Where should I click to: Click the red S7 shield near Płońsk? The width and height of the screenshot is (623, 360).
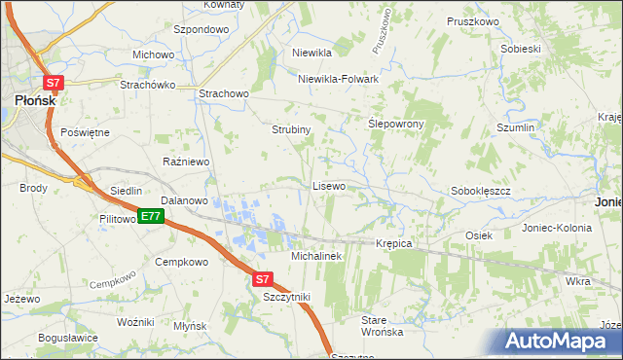click(54, 85)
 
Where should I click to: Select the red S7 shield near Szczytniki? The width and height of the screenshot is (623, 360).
click(263, 279)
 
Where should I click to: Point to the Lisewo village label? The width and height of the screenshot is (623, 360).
click(329, 185)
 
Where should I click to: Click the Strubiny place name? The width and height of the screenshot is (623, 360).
click(291, 129)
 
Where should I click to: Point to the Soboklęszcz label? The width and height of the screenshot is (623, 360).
click(481, 192)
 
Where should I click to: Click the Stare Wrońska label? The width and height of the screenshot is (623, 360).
click(382, 326)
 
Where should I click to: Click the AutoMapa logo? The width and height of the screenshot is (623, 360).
click(560, 342)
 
